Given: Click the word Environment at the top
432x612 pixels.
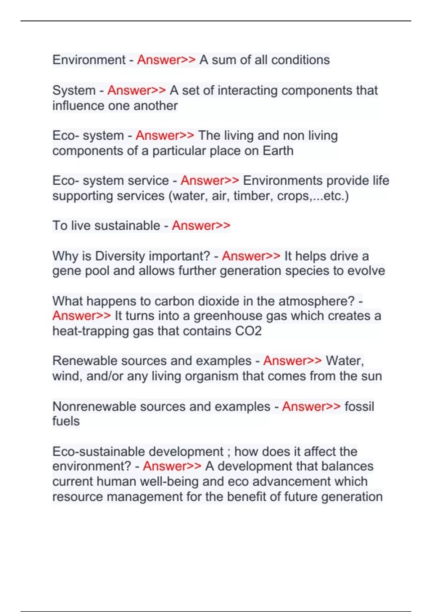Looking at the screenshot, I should point(89,60).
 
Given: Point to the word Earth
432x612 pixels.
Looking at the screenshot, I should point(278,151).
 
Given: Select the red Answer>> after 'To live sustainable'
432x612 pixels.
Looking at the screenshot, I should point(201,226).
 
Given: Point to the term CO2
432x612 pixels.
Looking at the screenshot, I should point(248,331).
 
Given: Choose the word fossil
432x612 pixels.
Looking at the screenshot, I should point(359,406).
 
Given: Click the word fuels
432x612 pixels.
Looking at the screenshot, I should point(66,421).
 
